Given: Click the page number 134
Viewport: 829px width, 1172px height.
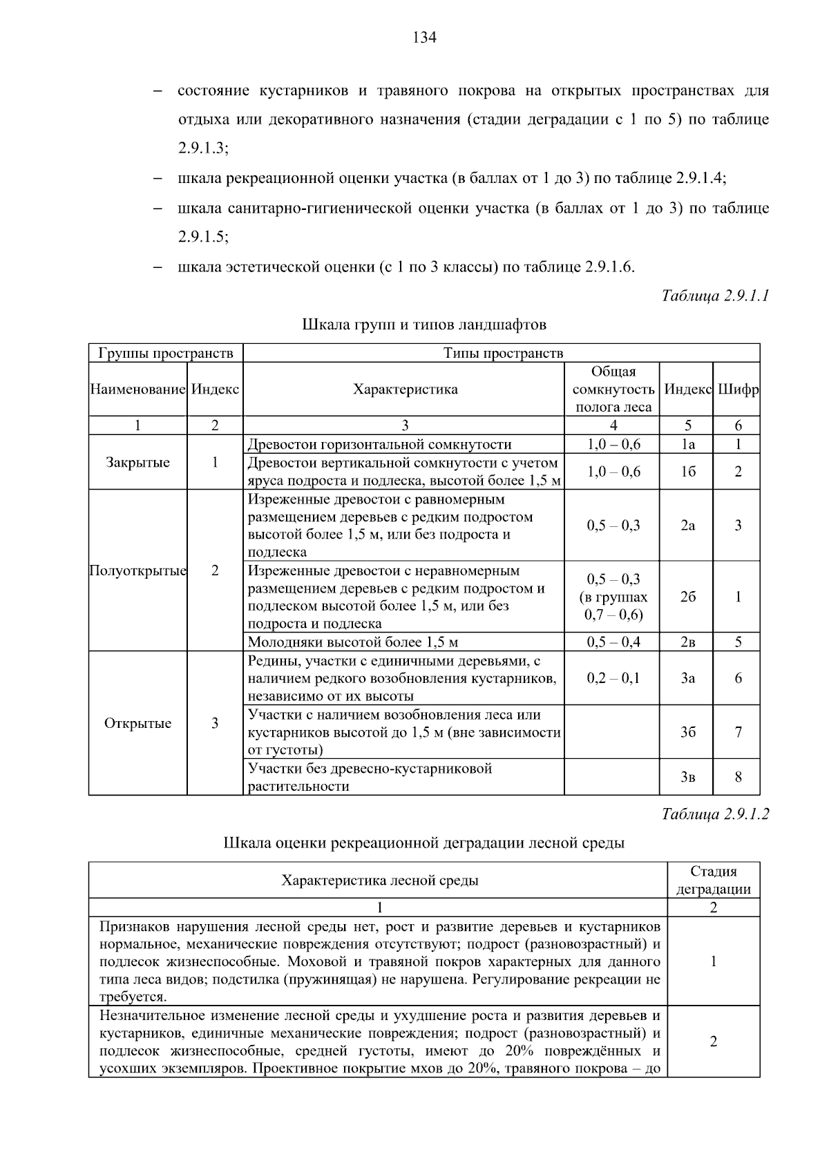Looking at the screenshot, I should [424, 38].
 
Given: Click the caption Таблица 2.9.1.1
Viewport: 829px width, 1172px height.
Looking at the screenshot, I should [715, 296].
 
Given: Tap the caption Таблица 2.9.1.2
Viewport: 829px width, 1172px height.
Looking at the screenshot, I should [715, 814].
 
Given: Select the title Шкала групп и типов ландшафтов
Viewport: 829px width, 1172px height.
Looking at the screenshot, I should [424, 324].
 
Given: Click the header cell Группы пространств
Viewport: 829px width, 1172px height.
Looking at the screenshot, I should [166, 353].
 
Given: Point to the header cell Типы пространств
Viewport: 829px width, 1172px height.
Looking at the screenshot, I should [502, 353].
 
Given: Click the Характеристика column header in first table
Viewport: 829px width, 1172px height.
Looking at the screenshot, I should [405, 390].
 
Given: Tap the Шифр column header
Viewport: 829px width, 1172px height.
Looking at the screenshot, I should [738, 390].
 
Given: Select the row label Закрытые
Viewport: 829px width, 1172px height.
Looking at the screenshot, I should [137, 462].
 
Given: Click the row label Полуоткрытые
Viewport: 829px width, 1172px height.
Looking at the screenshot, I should [137, 570].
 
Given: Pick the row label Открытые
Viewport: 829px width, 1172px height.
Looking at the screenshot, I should [137, 723].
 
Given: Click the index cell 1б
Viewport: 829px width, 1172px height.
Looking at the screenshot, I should [687, 472].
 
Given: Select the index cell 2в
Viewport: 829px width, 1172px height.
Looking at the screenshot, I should [687, 642].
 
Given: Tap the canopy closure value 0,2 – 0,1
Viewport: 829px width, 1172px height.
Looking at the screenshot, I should [613, 678].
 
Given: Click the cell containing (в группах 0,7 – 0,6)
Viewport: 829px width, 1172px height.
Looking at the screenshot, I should [613, 597].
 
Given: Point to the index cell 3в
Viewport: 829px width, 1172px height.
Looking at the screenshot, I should [687, 777].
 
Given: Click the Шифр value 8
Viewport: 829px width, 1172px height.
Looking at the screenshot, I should [738, 777].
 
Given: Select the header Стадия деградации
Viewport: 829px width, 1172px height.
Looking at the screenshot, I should [713, 880].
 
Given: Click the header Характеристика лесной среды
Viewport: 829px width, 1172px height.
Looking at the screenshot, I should [379, 880].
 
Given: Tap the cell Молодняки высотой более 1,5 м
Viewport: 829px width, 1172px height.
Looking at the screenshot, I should [353, 642].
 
